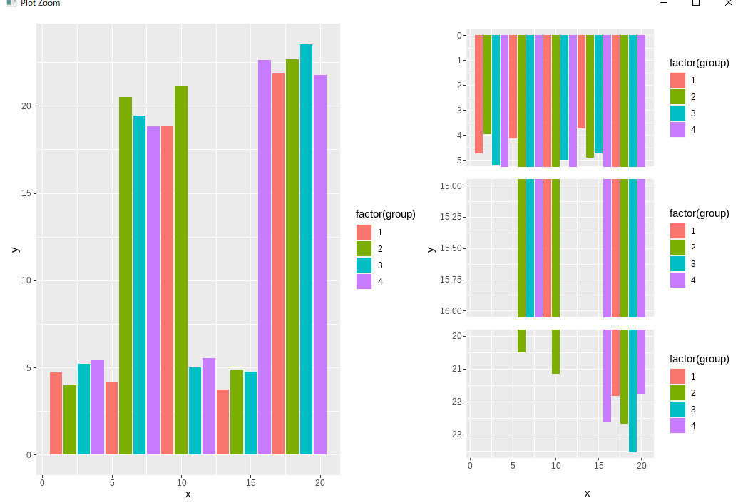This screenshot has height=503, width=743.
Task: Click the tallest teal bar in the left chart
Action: coord(306,249)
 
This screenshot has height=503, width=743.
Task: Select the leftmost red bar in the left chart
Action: coord(56,413)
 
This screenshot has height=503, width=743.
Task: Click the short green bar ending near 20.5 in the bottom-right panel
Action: coord(521,340)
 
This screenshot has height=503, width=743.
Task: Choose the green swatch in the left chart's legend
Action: coord(364,248)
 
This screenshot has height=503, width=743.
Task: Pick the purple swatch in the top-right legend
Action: coord(677,129)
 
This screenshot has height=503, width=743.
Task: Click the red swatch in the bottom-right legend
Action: coord(677,376)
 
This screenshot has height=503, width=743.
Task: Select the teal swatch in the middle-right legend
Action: coord(677,263)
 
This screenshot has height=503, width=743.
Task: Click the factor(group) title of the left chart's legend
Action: coord(385,214)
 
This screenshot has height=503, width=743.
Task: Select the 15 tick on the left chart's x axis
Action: coord(250,483)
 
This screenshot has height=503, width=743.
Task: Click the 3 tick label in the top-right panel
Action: coord(460,110)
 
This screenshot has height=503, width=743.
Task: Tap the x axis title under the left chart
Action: coord(188,494)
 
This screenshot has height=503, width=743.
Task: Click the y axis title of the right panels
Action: coord(431,248)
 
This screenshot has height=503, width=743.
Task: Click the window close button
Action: coord(728,3)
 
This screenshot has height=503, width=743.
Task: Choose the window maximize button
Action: coord(696,3)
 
